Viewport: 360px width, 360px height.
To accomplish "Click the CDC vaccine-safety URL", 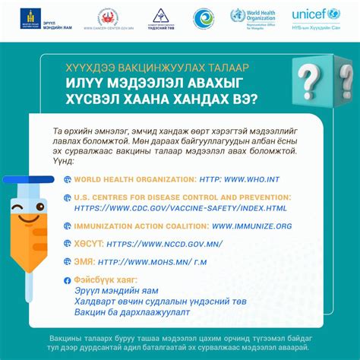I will pyautogui.click(x=181, y=207).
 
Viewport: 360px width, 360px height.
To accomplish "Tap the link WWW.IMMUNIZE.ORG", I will pyautogui.click(x=251, y=226).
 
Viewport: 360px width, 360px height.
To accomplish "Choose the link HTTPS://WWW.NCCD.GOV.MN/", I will pyautogui.click(x=155, y=244).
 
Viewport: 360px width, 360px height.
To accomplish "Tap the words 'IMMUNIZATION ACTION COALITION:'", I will pyautogui.click(x=141, y=226).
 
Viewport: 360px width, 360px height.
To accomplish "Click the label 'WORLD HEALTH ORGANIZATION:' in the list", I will pyautogui.click(x=134, y=179).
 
